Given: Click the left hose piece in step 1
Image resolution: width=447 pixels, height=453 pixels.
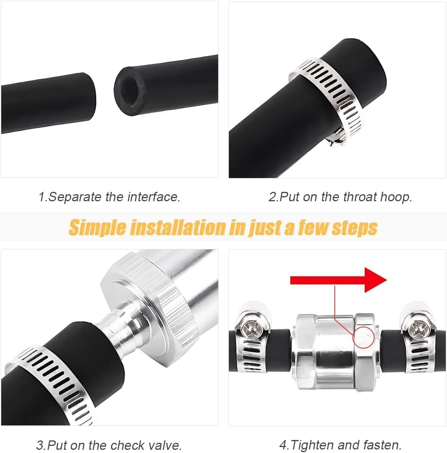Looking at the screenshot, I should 47,102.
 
